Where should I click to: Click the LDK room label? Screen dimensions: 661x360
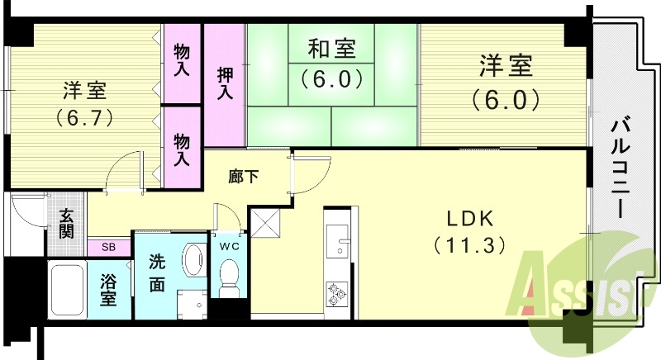(x=470, y=219)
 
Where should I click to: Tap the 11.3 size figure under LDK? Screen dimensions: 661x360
(x=469, y=245)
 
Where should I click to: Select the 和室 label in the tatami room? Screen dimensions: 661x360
(x=332, y=48)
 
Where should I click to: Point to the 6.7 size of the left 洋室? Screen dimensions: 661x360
(x=85, y=118)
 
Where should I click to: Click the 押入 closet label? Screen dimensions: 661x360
(x=225, y=83)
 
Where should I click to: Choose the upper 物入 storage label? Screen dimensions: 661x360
(x=182, y=61)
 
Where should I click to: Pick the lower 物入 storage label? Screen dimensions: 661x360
(x=182, y=149)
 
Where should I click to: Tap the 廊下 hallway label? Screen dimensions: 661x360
(x=243, y=177)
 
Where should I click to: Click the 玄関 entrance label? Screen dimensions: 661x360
(x=66, y=224)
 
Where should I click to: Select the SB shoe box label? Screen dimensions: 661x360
(x=108, y=248)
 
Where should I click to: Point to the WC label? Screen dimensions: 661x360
(x=230, y=246)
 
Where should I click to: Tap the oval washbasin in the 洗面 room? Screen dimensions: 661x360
(x=193, y=260)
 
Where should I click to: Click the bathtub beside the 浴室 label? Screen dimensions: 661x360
(x=67, y=290)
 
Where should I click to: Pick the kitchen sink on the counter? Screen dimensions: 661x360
(x=337, y=241)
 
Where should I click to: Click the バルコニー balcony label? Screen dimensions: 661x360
(x=621, y=168)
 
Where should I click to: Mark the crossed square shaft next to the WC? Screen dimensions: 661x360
(x=265, y=224)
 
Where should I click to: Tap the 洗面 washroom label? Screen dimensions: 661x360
(x=157, y=273)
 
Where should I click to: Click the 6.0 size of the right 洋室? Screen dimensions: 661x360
(x=506, y=100)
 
